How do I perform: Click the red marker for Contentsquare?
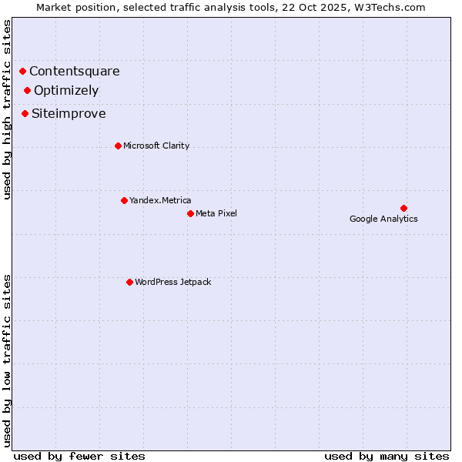(23, 72)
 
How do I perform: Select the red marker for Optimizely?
(28, 91)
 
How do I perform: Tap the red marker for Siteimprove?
(25, 114)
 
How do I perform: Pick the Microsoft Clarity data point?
(118, 146)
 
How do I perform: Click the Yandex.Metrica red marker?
(124, 200)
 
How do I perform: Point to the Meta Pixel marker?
(190, 213)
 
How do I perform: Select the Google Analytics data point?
(403, 208)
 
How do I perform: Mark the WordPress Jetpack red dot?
(129, 282)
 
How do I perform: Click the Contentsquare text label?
(75, 72)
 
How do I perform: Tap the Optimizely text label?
(66, 91)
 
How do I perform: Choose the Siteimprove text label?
(69, 114)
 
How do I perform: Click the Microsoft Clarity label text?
(156, 146)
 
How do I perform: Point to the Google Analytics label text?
(383, 219)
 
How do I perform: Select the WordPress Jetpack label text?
(172, 282)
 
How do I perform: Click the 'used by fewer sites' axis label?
(79, 456)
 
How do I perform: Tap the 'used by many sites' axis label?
(387, 456)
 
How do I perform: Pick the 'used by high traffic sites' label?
(8, 109)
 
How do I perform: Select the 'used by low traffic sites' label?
(8, 360)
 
